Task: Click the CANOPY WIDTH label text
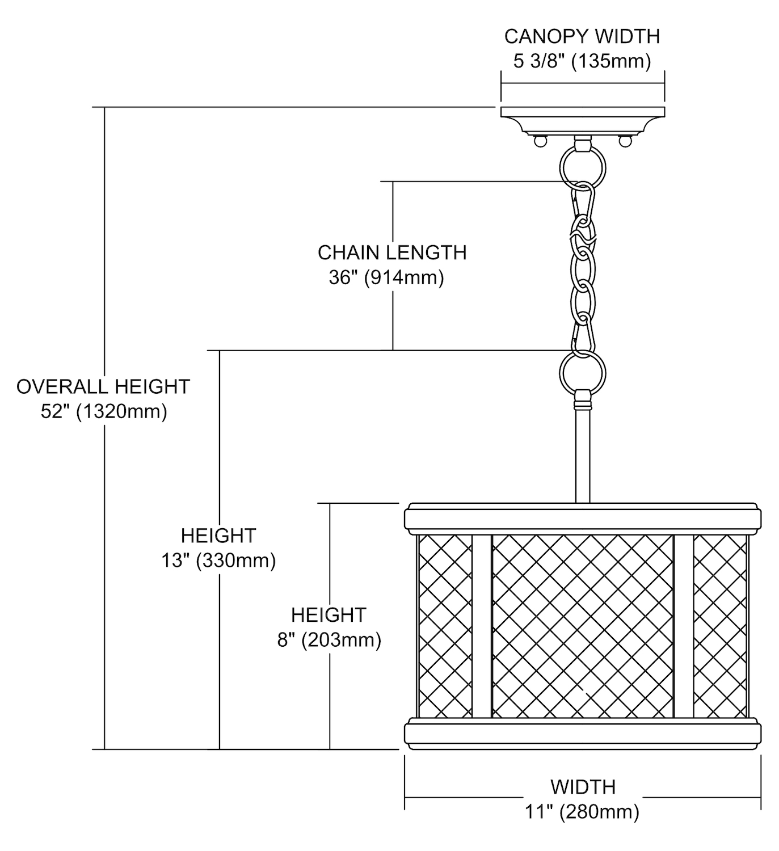tap(582, 36)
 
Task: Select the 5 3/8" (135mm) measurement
tap(582, 61)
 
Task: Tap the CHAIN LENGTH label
tap(392, 252)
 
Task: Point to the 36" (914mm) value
tap(386, 278)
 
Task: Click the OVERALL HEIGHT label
tap(103, 386)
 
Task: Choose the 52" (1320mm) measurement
tap(104, 411)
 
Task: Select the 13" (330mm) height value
tap(218, 561)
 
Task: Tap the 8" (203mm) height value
tap(329, 640)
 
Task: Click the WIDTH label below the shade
tap(583, 787)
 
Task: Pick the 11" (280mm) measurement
tap(582, 812)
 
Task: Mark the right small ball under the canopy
tap(625, 139)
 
